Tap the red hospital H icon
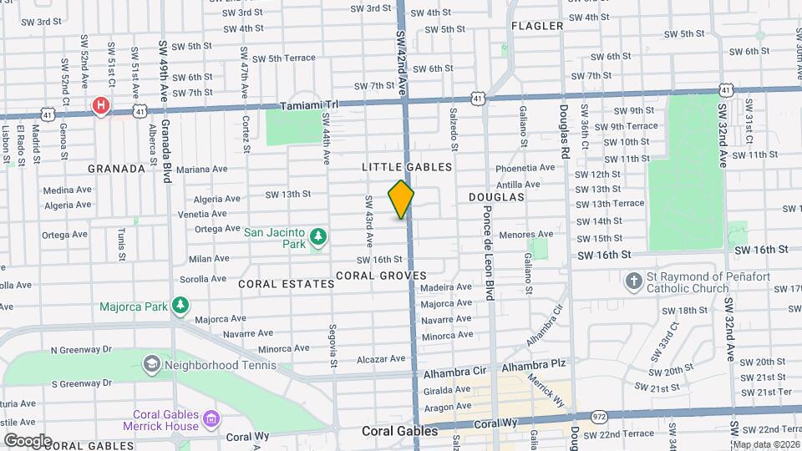tap(101, 106)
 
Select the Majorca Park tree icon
tap(180, 307)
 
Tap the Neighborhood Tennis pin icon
tap(151, 363)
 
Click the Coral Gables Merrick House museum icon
tap(211, 418)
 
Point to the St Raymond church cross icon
tap(635, 282)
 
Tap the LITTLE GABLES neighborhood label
tap(407, 167)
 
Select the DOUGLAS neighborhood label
tap(496, 197)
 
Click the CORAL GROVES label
tap(381, 276)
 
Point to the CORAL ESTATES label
tap(287, 284)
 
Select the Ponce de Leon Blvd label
tap(489, 250)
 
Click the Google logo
tap(28, 440)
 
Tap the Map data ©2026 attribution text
tap(766, 444)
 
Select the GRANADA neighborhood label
tap(116, 168)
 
